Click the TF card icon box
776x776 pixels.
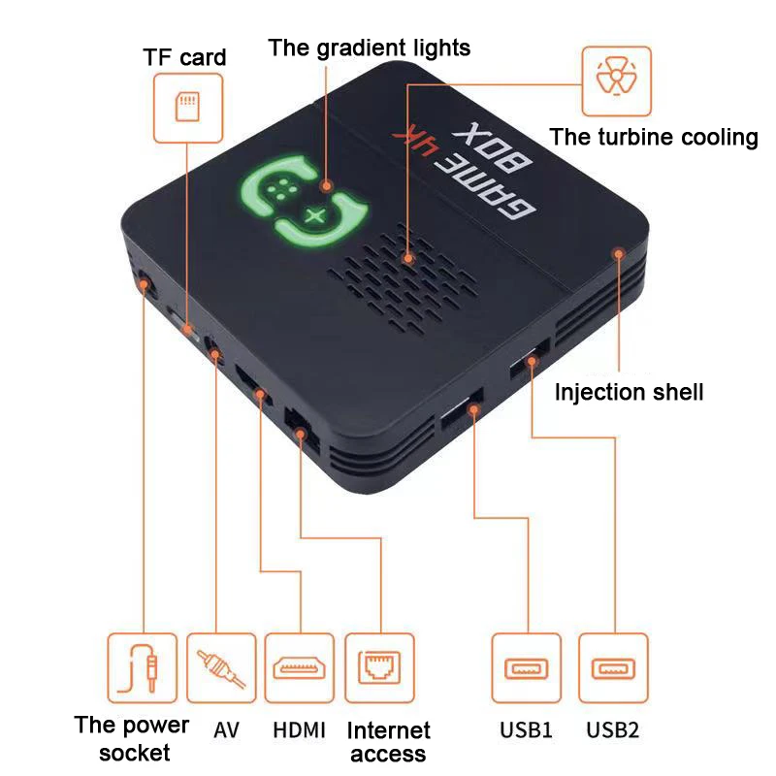pos(184,108)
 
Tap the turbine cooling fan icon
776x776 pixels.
pos(614,78)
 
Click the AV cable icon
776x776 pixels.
pos(221,667)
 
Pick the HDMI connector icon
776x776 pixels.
pos(299,667)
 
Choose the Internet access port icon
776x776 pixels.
pos(380,667)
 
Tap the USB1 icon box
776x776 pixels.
pos(526,667)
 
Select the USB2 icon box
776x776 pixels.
pos(612,667)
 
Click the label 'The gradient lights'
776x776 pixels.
pos(369,47)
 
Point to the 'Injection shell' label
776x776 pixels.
pos(629,392)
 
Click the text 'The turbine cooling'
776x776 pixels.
pos(654,137)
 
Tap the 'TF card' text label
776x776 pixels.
pos(184,56)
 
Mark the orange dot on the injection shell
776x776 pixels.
pos(616,253)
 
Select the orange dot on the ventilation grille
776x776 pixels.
pos(409,259)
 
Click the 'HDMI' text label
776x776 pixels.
pos(299,730)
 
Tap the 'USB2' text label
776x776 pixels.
pos(612,730)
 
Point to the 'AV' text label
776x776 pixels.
pos(226,729)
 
